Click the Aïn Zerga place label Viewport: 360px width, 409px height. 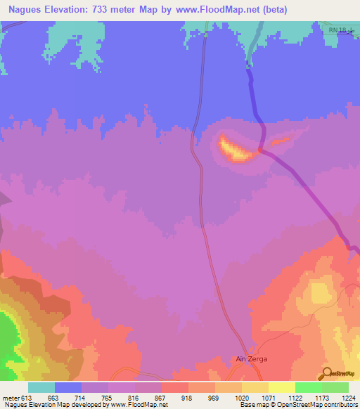click(251, 358)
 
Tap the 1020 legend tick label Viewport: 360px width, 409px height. click(241, 397)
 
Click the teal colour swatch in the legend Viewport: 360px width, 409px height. click(41, 387)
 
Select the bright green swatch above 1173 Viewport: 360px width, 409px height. click(308, 387)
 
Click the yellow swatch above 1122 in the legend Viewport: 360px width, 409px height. click(281, 387)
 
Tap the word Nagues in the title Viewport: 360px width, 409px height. click(27, 9)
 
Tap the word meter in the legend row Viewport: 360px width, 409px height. click(11, 397)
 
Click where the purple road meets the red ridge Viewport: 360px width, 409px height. click(261, 150)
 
